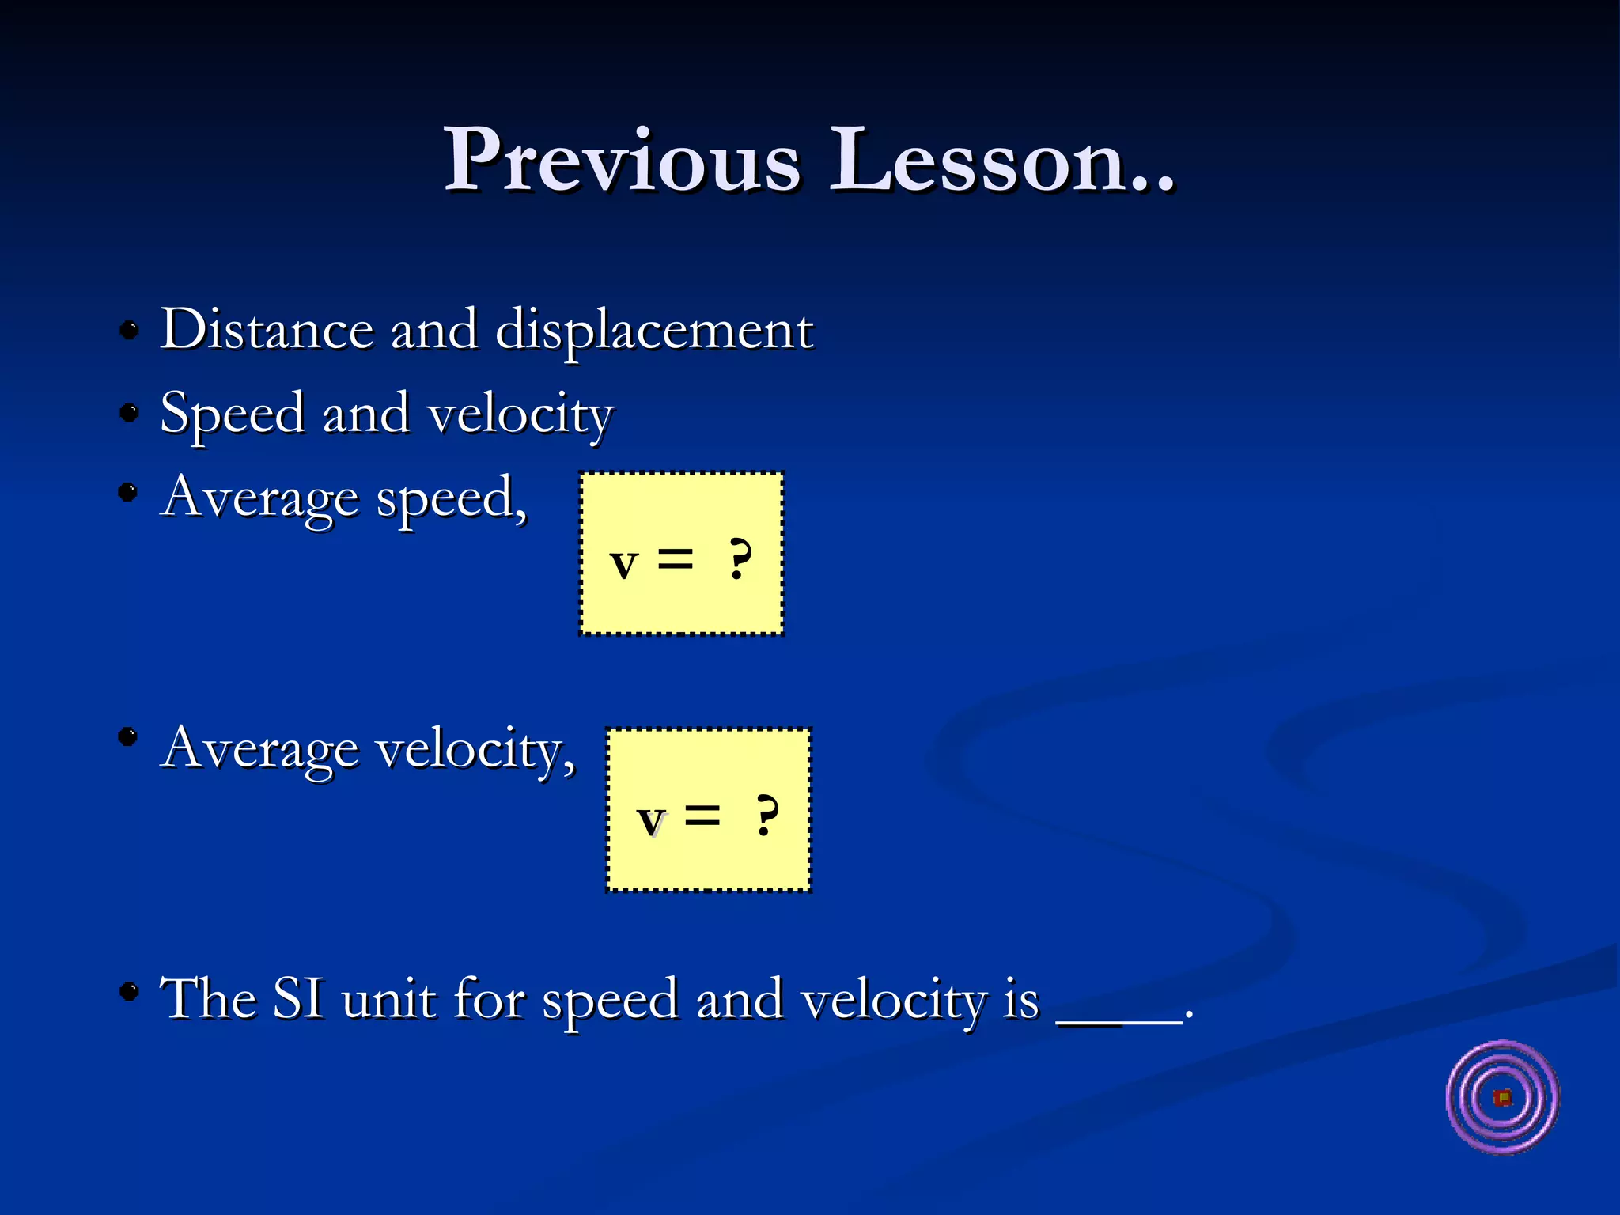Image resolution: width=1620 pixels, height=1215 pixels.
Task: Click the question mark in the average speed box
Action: click(x=740, y=560)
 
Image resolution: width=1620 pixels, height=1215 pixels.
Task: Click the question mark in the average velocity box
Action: click(x=766, y=816)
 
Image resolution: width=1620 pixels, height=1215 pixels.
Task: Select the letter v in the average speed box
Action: click(x=624, y=564)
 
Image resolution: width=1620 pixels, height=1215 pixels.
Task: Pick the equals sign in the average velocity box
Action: click(x=702, y=816)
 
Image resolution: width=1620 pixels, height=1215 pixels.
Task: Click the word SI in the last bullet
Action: click(x=298, y=999)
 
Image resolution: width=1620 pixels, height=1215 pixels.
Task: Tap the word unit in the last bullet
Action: click(x=388, y=999)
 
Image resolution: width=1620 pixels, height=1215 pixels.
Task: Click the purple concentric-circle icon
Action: click(x=1502, y=1098)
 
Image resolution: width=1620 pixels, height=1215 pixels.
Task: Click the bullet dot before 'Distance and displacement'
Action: click(x=129, y=329)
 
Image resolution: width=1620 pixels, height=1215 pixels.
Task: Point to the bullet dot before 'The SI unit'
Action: click(x=129, y=990)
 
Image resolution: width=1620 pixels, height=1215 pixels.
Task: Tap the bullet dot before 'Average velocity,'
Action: click(x=128, y=737)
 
